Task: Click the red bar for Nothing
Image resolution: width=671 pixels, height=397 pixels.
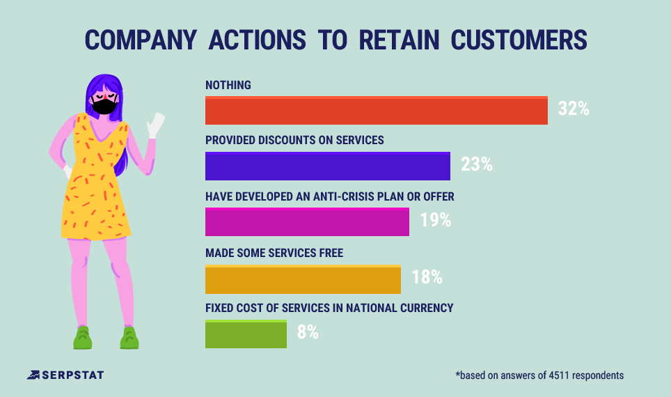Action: (376, 111)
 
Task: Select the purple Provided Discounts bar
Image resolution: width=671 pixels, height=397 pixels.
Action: (327, 166)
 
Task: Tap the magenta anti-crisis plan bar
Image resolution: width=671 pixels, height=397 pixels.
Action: (307, 222)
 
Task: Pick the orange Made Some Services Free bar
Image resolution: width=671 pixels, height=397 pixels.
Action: (303, 279)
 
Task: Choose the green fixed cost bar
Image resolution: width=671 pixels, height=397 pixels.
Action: (246, 334)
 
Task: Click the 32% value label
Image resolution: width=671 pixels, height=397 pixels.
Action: (574, 109)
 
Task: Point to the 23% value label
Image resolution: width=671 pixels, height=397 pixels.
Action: (476, 165)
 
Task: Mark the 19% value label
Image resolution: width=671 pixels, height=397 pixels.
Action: (435, 221)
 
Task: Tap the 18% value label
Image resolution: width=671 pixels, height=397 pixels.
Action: (427, 277)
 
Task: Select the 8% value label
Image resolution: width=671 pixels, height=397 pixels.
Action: (308, 333)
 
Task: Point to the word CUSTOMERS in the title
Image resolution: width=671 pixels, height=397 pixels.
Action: (528, 40)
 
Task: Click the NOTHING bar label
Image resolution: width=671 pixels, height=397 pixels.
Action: (228, 85)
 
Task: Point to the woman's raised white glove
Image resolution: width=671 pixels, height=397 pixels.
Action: (155, 125)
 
